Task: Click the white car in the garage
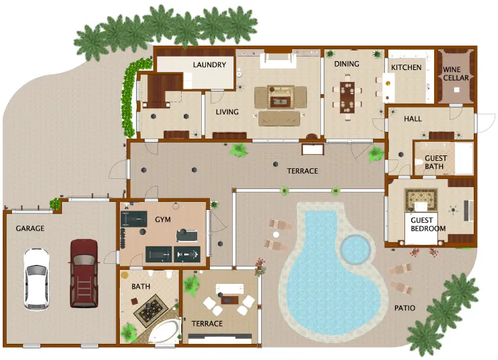[36, 279]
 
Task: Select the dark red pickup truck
[84, 272]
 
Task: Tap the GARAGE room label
[30, 229]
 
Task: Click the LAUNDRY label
[209, 65]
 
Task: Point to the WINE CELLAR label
[456, 73]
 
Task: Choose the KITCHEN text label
[406, 67]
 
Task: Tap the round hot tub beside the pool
[355, 249]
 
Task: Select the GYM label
[163, 220]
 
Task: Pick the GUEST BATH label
[435, 162]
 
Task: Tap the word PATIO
[404, 309]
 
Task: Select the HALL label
[413, 119]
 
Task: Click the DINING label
[347, 65]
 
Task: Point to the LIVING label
[227, 112]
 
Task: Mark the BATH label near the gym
[141, 287]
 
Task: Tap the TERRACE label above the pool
[302, 171]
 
